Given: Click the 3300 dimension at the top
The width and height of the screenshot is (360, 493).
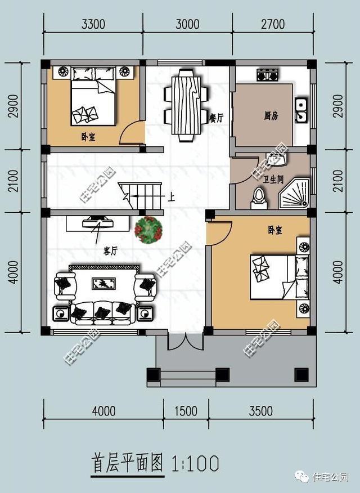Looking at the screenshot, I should pyautogui.click(x=93, y=24).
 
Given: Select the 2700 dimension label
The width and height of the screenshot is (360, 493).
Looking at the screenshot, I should pyautogui.click(x=272, y=24).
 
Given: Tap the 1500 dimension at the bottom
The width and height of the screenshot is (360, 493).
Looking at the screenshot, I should pyautogui.click(x=186, y=411).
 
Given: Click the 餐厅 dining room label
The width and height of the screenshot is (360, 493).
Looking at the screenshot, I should pyautogui.click(x=217, y=118).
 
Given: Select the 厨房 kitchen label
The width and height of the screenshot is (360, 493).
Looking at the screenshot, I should pyautogui.click(x=271, y=116).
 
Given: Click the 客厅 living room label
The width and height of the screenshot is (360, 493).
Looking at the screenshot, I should pyautogui.click(x=110, y=251).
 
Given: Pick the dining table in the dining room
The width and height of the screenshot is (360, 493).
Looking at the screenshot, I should pyautogui.click(x=185, y=105).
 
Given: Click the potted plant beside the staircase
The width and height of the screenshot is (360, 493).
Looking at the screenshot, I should pyautogui.click(x=148, y=230).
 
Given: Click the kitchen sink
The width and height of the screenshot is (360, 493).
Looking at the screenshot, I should pyautogui.click(x=301, y=111).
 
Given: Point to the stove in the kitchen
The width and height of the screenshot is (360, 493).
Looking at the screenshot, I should pyautogui.click(x=266, y=75).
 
